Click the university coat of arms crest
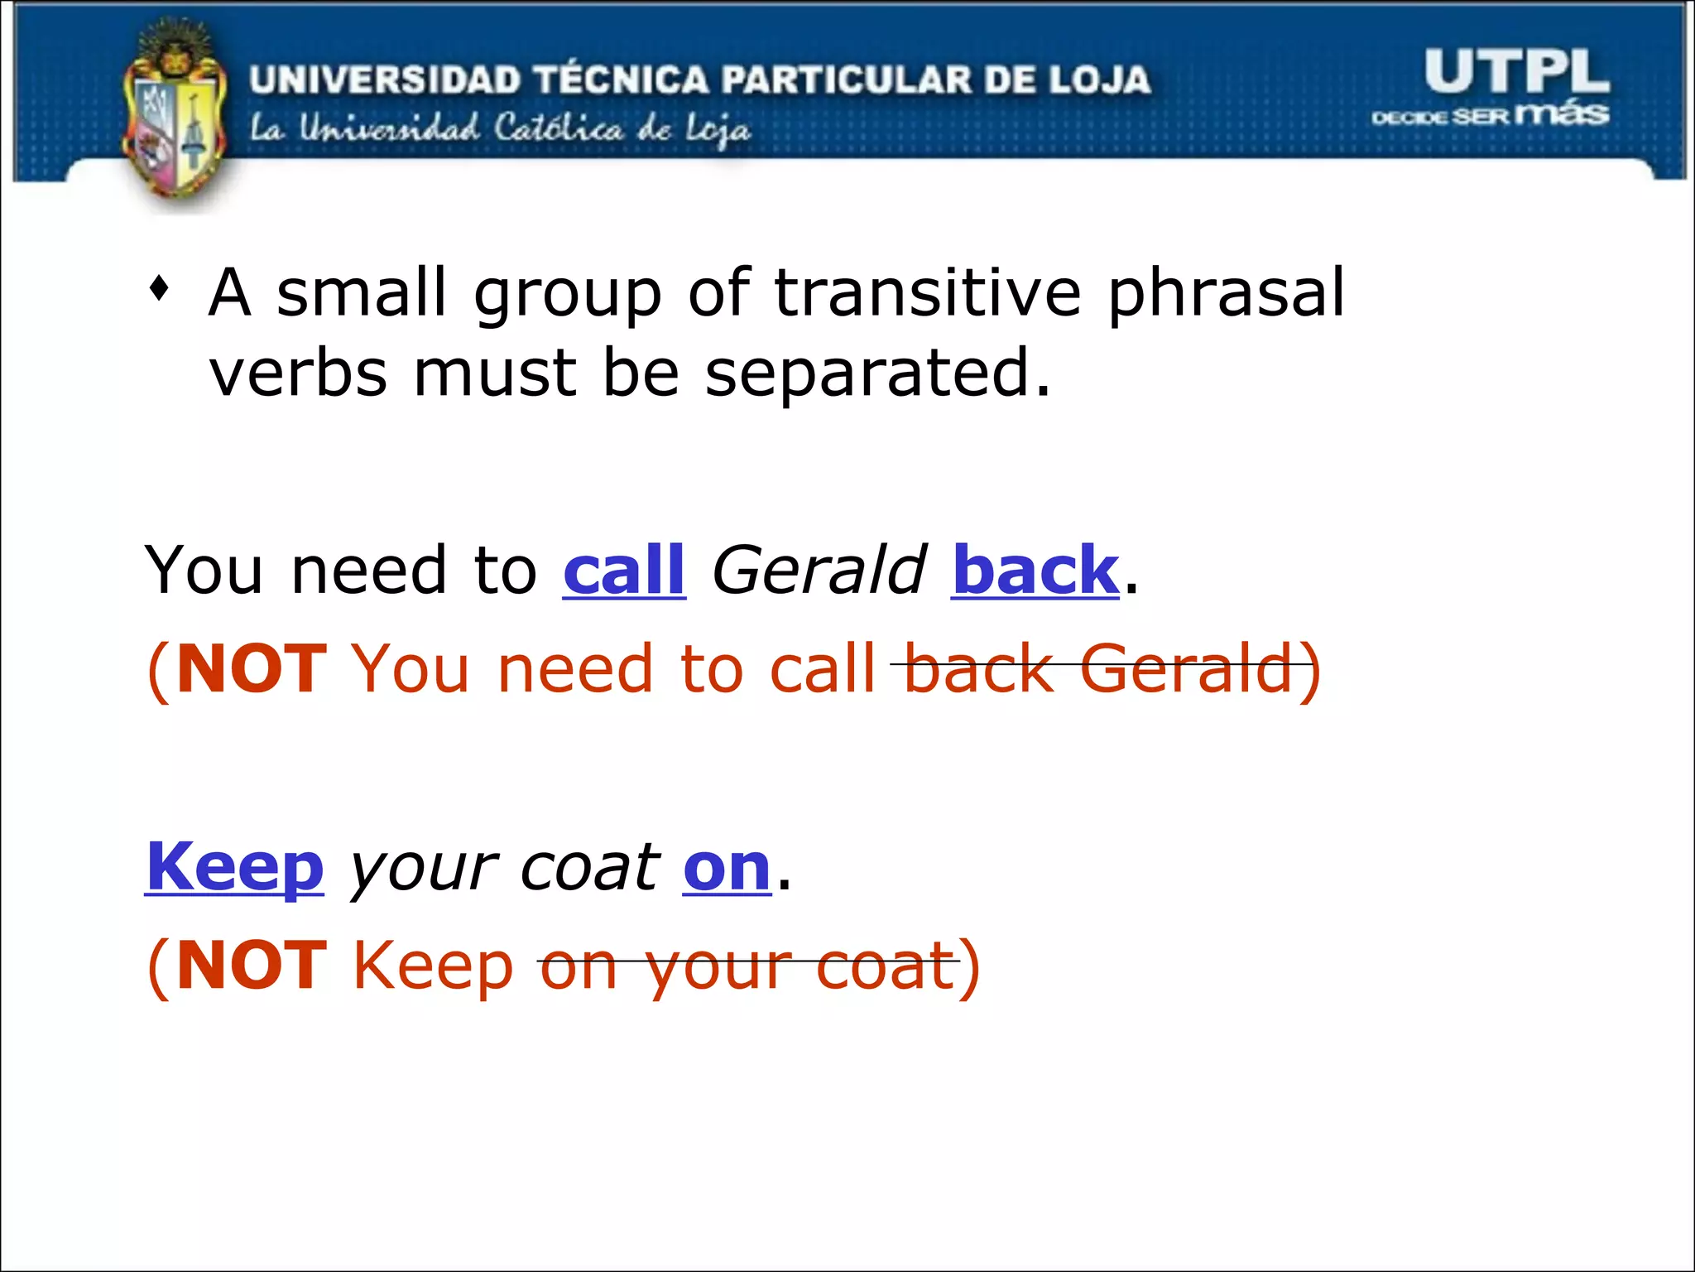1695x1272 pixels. pyautogui.click(x=174, y=116)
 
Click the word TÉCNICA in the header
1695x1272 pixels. pyautogui.click(x=621, y=80)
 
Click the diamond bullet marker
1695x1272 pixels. pyautogui.click(x=160, y=289)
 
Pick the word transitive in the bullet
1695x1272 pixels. pyautogui.click(x=927, y=293)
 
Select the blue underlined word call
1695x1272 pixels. pyautogui.click(x=624, y=571)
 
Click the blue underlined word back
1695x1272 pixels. pyautogui.click(x=1035, y=571)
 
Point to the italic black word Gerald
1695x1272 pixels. pyautogui.click(x=818, y=571)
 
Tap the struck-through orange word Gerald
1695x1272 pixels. pyautogui.click(x=1185, y=669)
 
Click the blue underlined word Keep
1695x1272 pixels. pyautogui.click(x=235, y=868)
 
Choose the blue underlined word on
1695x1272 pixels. pyautogui.click(x=727, y=870)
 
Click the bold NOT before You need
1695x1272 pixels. pyautogui.click(x=252, y=669)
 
